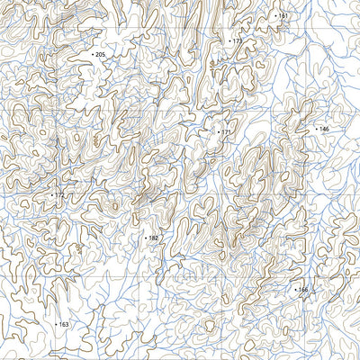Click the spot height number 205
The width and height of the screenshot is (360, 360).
click(101, 55)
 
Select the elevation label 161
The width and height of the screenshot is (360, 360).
click(283, 16)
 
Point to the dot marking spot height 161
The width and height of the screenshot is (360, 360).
click(275, 16)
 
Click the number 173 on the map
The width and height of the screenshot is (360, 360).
click(238, 41)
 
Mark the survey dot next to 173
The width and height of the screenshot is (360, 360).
click(229, 41)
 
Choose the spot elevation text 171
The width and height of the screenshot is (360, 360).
click(226, 132)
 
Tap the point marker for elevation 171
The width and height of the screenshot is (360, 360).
click(218, 132)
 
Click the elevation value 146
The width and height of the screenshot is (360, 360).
click(324, 130)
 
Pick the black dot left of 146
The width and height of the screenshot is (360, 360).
click(316, 130)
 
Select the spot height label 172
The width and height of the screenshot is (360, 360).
click(59, 194)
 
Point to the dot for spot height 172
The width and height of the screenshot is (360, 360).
click(51, 194)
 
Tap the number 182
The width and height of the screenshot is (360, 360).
click(153, 238)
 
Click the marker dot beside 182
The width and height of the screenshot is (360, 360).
click(145, 238)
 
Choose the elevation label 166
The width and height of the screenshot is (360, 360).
click(303, 290)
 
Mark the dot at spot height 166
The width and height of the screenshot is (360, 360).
click(295, 290)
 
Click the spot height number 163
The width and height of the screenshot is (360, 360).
click(64, 324)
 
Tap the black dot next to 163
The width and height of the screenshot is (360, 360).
click(56, 324)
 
